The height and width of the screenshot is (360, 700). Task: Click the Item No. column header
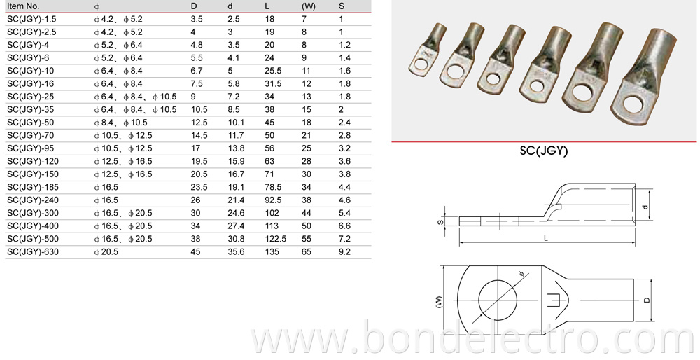click(x=24, y=6)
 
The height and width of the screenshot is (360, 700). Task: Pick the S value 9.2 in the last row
click(x=344, y=250)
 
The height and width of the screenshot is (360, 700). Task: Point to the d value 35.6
click(x=235, y=250)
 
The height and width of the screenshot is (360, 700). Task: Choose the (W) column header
click(x=309, y=6)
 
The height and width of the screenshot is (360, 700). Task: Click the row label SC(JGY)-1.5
click(x=30, y=20)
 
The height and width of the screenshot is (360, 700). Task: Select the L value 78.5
click(x=273, y=188)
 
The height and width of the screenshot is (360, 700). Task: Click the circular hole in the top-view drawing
click(x=499, y=301)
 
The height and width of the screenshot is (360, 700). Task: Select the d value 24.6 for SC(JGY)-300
click(x=235, y=213)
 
